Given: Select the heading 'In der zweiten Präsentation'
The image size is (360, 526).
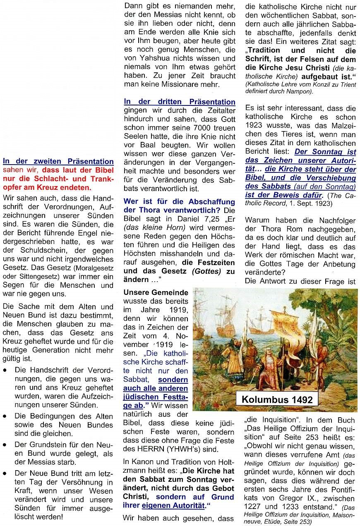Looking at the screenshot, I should click(58, 162).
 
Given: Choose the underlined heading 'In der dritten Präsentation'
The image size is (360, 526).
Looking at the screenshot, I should click(180, 102).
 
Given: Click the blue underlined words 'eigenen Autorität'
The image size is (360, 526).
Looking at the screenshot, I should click(180, 505).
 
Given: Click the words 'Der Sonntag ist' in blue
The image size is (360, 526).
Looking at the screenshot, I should click(325, 151).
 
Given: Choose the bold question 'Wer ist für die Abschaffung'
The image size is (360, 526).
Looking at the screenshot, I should click(179, 202).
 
